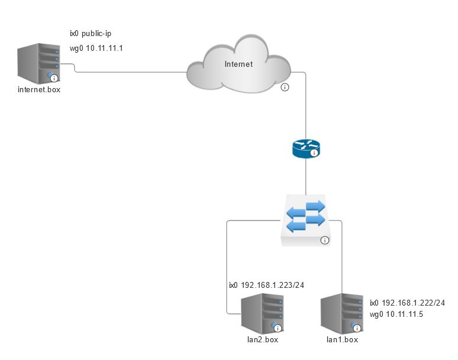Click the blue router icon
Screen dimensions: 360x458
306,148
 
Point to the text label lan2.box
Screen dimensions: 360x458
262,340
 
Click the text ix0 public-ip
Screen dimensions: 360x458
91,34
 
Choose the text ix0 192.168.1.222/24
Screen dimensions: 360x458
407,303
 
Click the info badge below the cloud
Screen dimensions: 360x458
285,87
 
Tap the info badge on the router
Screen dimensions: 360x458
314,153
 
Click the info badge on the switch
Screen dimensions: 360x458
324,241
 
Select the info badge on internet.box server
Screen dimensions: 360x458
54,78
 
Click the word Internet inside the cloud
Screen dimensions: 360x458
238,64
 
